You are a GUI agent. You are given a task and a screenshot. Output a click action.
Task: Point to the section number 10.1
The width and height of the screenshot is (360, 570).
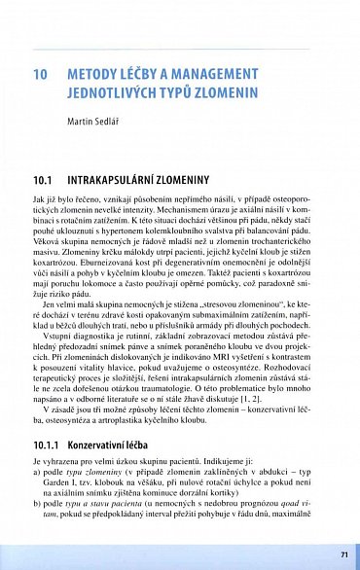pos(42,181)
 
